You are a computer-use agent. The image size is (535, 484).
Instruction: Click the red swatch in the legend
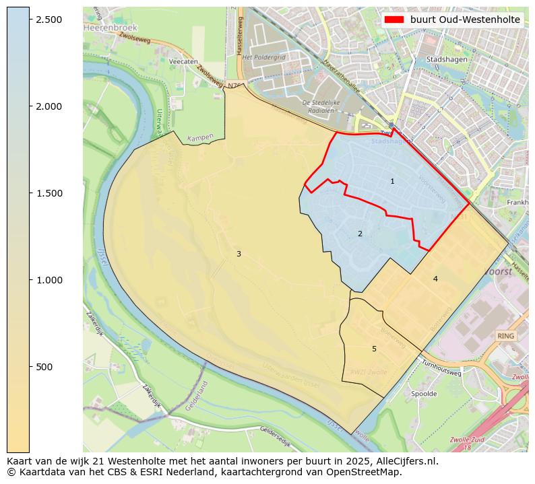tap(394, 20)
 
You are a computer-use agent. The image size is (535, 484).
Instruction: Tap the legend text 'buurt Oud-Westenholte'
tap(465, 20)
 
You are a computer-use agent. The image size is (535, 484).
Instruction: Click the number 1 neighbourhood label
tap(392, 182)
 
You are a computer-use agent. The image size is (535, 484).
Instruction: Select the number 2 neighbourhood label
tap(360, 234)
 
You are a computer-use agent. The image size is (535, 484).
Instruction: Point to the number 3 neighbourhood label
tap(239, 254)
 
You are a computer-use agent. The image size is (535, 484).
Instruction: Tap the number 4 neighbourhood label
tap(435, 279)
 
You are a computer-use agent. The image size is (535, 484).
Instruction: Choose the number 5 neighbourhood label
tap(374, 349)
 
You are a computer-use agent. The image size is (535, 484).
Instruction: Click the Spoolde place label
tap(424, 394)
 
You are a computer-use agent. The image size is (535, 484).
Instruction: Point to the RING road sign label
tap(505, 335)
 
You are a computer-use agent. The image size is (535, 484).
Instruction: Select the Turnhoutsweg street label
tap(441, 368)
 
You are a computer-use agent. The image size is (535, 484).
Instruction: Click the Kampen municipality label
tap(200, 137)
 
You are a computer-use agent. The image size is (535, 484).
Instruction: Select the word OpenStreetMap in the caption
tap(364, 472)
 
